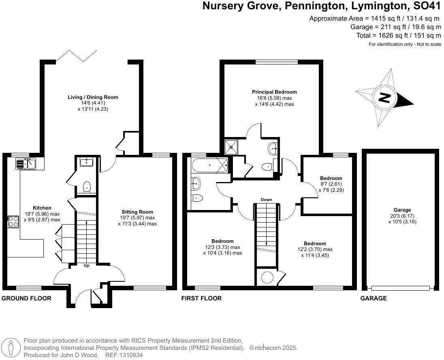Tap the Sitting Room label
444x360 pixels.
[137, 212]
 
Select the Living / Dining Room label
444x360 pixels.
[93, 97]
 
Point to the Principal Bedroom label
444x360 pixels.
[274, 92]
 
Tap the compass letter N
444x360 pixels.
[384, 98]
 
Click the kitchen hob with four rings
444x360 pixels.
[13, 221]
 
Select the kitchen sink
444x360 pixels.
[26, 164]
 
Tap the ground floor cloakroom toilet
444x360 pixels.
[86, 187]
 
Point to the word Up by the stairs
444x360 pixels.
[86, 266]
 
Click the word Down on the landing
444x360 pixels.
[267, 199]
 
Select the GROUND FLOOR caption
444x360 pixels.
[27, 298]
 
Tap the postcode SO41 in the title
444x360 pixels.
[426, 6]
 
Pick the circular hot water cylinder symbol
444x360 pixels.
[267, 278]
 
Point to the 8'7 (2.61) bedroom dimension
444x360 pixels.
[331, 184]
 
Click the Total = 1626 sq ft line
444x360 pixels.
[399, 36]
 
